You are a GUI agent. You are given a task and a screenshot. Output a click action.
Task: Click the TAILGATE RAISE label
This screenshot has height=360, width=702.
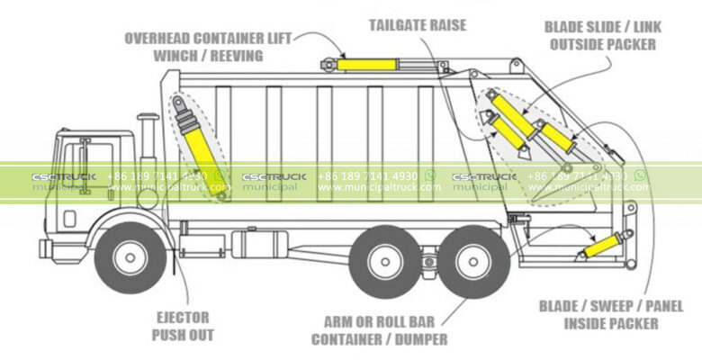418,25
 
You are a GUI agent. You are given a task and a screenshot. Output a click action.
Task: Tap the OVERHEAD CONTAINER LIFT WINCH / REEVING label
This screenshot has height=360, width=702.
194,47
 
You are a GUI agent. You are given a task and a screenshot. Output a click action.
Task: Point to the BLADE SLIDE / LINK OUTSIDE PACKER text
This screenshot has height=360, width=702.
602,36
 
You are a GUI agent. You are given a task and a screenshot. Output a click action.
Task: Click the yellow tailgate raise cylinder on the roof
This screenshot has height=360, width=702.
369,65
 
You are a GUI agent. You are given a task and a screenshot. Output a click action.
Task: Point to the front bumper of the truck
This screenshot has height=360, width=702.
44,247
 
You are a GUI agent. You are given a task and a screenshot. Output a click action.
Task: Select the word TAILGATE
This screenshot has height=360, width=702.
397,25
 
